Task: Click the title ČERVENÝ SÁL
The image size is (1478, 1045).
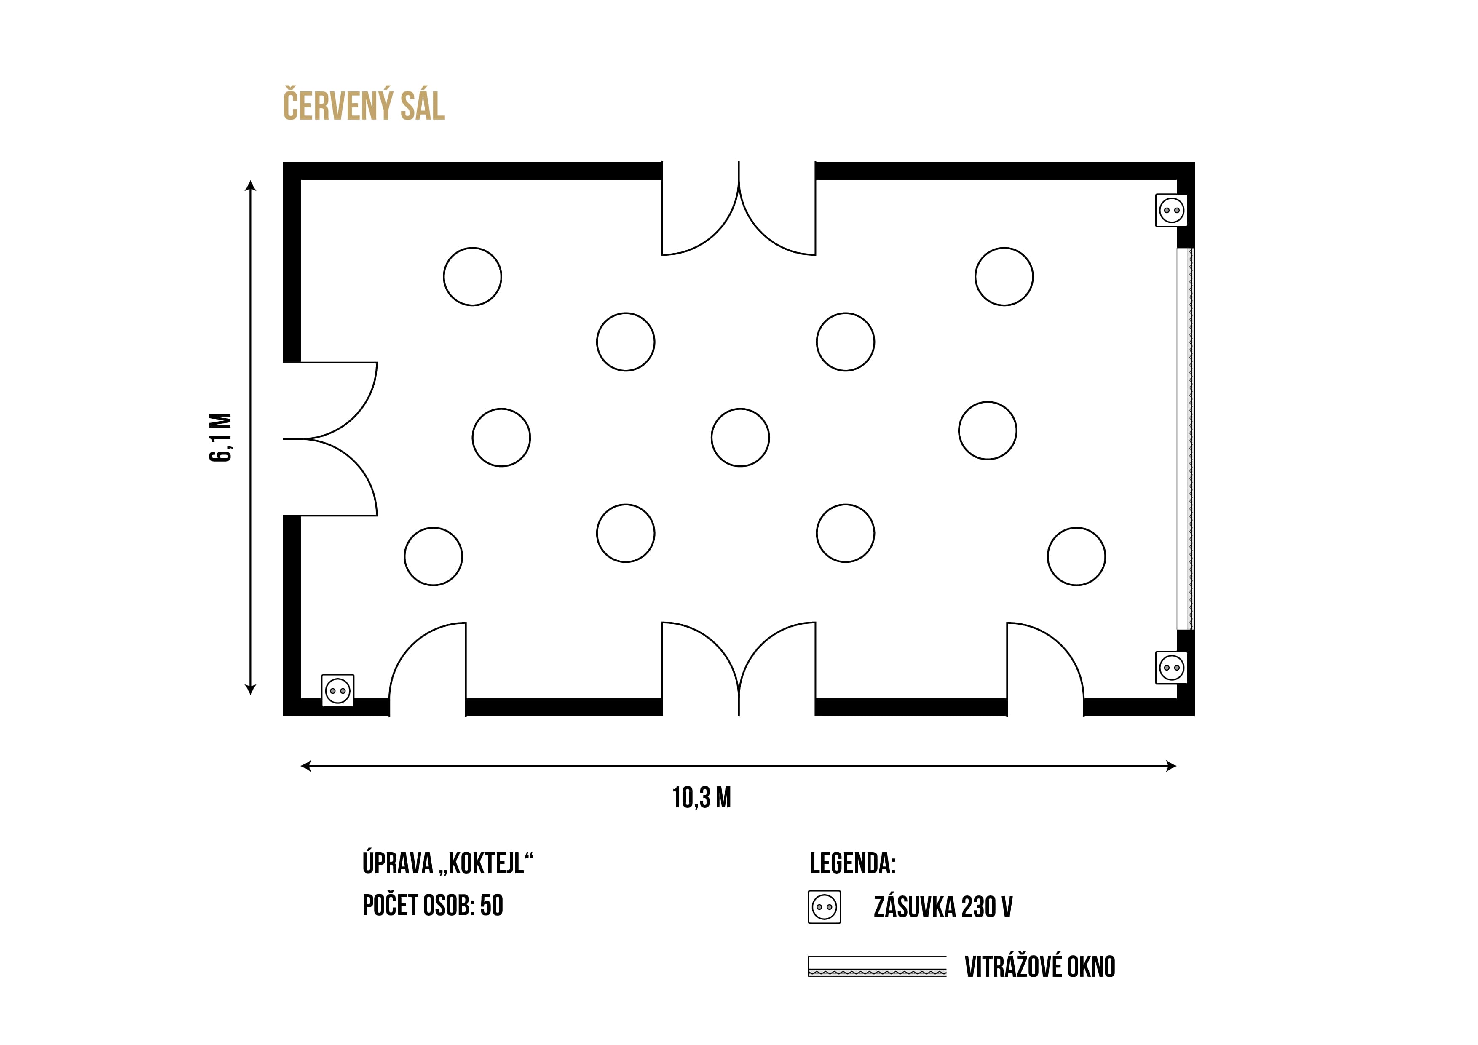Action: pyautogui.click(x=364, y=106)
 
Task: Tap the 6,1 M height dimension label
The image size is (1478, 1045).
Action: pyautogui.click(x=221, y=438)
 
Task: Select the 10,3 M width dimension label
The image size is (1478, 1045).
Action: pyautogui.click(x=702, y=798)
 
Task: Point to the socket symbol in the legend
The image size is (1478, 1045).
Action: pyautogui.click(x=824, y=907)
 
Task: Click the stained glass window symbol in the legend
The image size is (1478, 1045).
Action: pyautogui.click(x=877, y=967)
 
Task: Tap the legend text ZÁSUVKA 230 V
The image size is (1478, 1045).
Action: pyautogui.click(x=943, y=907)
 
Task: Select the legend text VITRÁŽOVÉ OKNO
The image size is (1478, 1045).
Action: pyautogui.click(x=1040, y=967)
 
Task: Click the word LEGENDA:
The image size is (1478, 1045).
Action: pyautogui.click(x=852, y=863)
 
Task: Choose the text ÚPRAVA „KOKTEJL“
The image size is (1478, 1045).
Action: pyautogui.click(x=448, y=863)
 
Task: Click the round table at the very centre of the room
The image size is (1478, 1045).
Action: pyautogui.click(x=740, y=438)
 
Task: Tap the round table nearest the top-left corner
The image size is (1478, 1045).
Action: pyautogui.click(x=472, y=277)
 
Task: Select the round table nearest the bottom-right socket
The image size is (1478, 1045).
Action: pyautogui.click(x=1076, y=556)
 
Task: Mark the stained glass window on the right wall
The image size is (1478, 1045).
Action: pyautogui.click(x=1185, y=439)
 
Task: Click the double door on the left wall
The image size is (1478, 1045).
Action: pyautogui.click(x=329, y=439)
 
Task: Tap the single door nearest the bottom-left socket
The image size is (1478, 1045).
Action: pyautogui.click(x=428, y=669)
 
